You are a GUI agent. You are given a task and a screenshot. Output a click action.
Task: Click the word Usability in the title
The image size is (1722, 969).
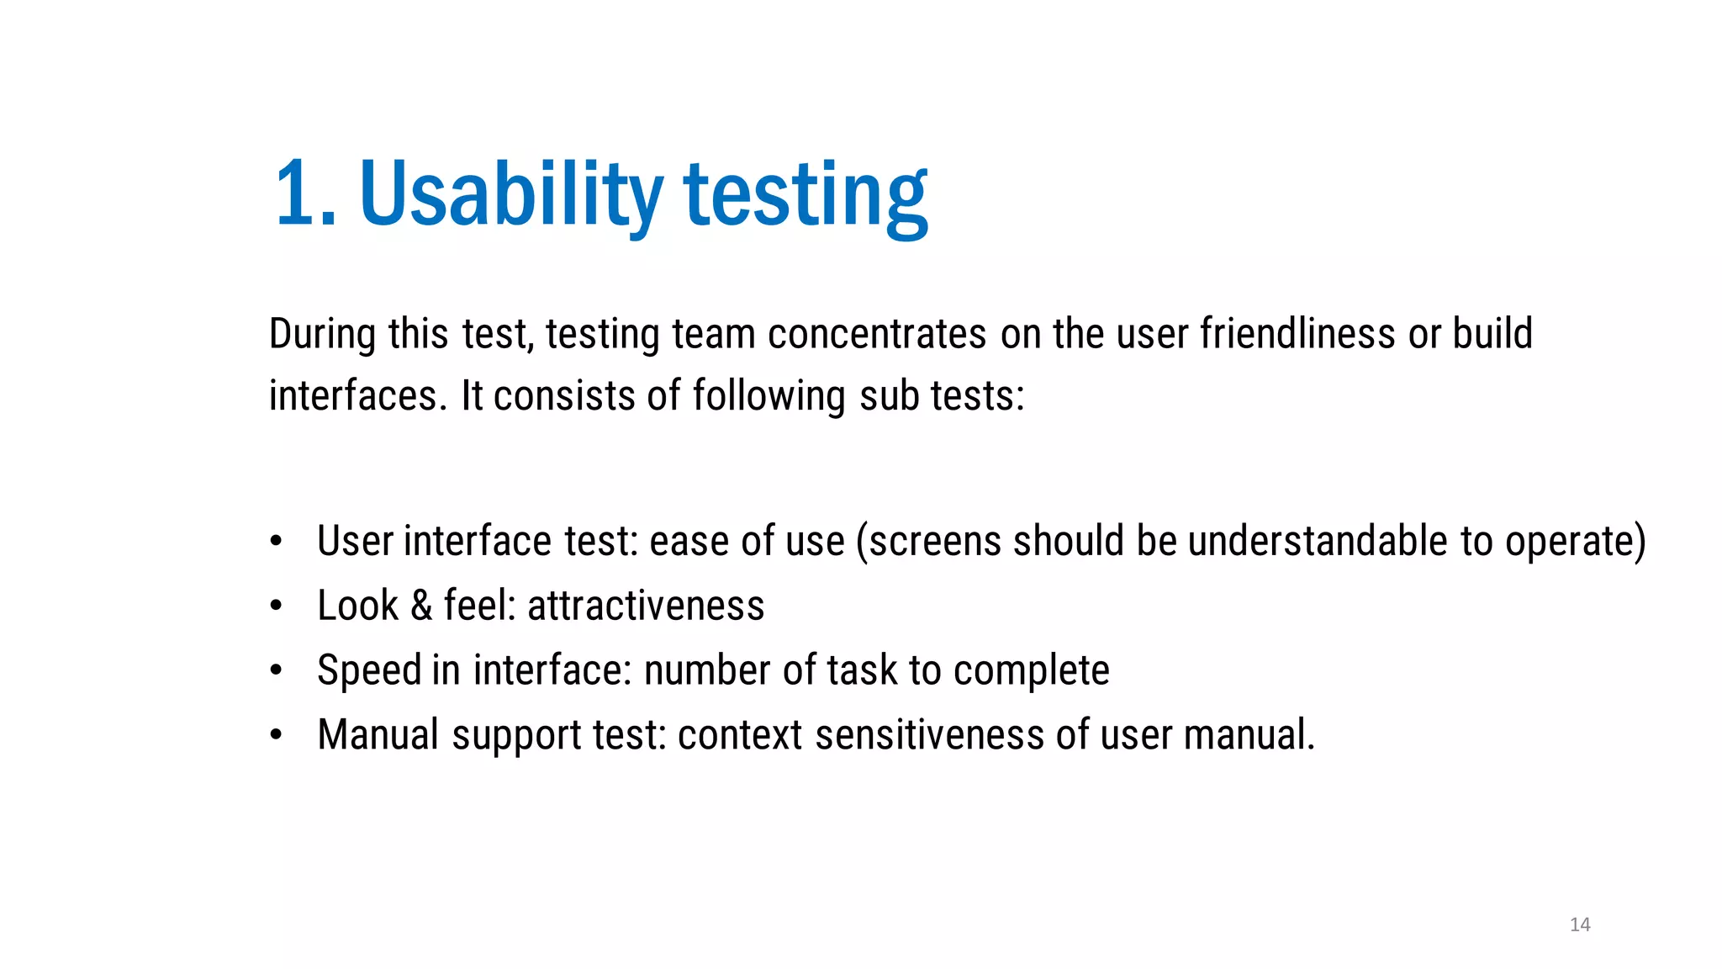510,195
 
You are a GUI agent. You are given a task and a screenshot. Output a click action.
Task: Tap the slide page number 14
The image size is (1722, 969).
1580,924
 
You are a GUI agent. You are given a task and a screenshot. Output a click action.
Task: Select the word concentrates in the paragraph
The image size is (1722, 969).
876,334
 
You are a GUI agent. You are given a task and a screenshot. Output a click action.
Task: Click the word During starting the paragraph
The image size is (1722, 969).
322,334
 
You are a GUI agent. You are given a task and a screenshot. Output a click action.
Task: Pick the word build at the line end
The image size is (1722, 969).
1492,334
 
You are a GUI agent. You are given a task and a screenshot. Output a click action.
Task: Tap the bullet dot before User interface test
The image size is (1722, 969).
276,542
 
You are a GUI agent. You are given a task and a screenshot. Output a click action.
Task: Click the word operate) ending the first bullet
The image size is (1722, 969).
1575,541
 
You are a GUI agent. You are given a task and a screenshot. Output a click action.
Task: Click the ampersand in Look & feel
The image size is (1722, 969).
420,606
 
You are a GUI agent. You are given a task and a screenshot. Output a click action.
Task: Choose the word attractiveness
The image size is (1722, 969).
646,606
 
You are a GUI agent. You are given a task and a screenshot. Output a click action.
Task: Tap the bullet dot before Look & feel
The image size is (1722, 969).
276,606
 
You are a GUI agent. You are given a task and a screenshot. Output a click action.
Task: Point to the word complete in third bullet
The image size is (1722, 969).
1031,670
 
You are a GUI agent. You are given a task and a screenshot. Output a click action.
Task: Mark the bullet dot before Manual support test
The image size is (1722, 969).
276,735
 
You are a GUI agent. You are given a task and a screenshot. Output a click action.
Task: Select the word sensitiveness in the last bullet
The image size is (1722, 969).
929,735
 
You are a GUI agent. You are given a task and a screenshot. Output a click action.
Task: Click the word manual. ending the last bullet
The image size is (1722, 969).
1249,735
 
